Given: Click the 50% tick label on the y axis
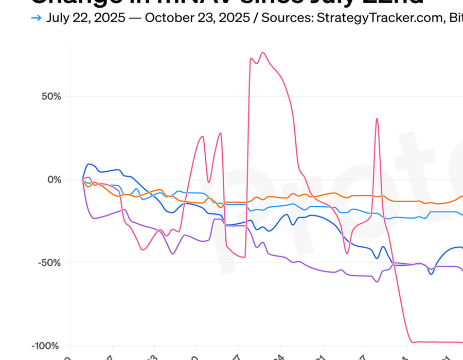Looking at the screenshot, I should pos(51,97).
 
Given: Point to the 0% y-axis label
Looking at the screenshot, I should pos(54,179).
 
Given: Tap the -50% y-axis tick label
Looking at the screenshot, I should pos(50,263).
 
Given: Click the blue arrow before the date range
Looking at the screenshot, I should pos(36,18).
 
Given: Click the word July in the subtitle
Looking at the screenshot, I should pos(58,18).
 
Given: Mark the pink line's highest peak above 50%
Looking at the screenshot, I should pos(263,52).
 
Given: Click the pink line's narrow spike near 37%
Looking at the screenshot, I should pos(377,119).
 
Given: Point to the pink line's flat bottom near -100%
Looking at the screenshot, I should pos(437,342).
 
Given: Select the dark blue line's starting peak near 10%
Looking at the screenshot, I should pos(90,164).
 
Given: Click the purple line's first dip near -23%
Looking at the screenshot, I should pos(95,219).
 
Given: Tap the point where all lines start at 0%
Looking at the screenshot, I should pos(83,179).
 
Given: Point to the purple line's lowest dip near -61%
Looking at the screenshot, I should pos(377,281).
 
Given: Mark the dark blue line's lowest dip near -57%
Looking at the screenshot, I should pos(431,274).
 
